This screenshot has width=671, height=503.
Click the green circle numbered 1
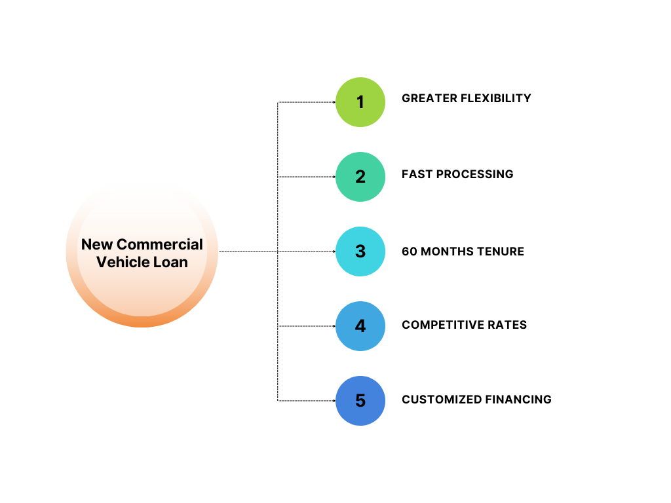click(x=360, y=102)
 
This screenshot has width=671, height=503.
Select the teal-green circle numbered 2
click(x=360, y=177)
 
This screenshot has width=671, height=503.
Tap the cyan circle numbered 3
click(x=360, y=251)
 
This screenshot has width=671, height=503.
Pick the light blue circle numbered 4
click(x=360, y=326)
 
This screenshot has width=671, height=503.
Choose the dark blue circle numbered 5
click(x=360, y=401)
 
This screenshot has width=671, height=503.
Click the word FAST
click(x=416, y=174)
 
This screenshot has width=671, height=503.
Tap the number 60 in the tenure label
click(x=410, y=251)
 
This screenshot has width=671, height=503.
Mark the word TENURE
click(x=501, y=251)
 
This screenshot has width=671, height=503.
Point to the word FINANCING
click(x=518, y=400)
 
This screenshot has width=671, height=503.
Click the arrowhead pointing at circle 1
click(x=334, y=102)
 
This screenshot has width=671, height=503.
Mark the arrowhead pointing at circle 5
click(x=334, y=401)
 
